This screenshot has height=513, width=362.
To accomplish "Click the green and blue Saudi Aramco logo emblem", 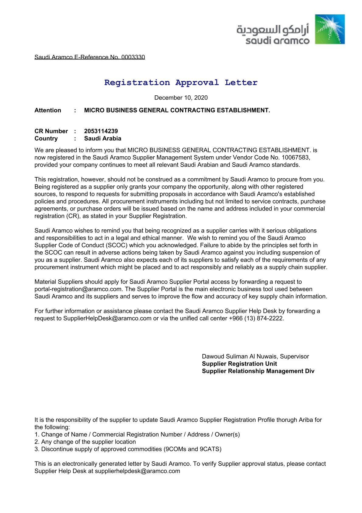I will point(330,29).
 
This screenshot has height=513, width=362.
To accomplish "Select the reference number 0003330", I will point(133,57).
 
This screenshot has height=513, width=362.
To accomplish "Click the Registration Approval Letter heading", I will point(181,83).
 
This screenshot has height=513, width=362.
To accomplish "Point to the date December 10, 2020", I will point(181,98).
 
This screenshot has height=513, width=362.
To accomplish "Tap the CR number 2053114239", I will point(101,131).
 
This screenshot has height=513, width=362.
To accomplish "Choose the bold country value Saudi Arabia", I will point(103,139).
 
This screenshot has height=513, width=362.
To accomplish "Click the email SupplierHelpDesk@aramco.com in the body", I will point(107,318).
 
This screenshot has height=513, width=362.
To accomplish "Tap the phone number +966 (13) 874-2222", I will point(256,318).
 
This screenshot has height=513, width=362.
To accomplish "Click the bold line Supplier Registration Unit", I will point(239,364).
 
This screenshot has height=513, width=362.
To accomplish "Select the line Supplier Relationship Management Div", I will point(258,371).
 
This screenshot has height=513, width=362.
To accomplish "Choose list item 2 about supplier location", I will point(85,442).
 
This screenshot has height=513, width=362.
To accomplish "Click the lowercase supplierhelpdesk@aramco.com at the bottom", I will point(137,471).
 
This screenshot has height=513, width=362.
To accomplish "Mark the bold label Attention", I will point(48,110).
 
